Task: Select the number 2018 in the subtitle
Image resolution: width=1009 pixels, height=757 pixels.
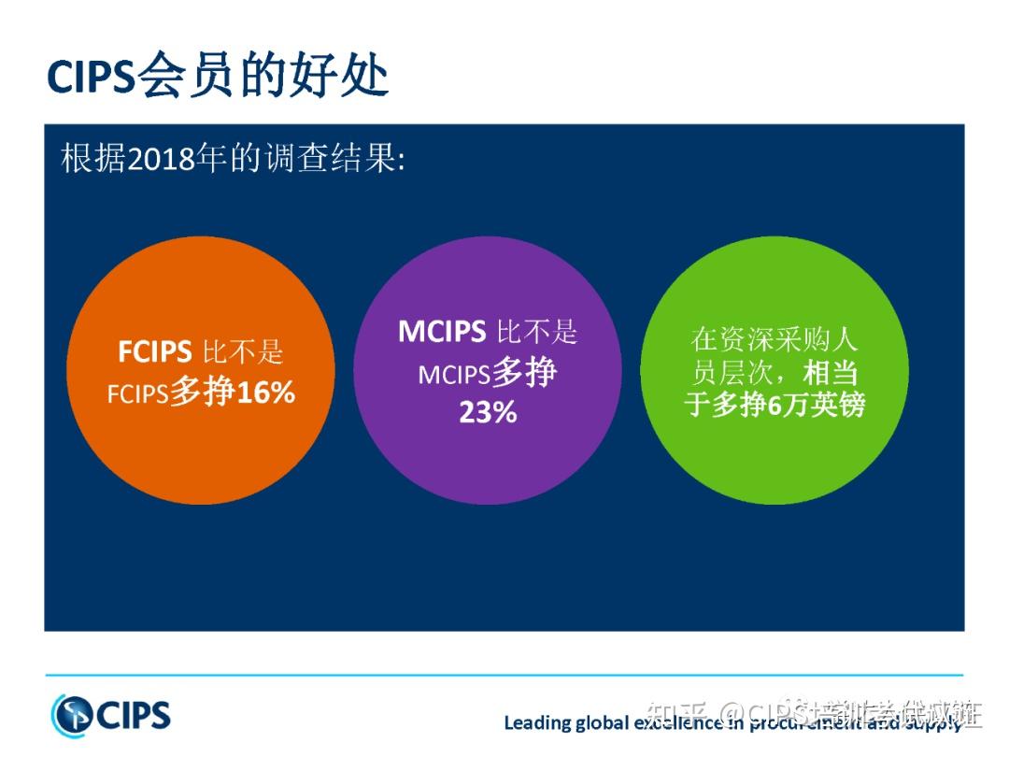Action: pos(160,158)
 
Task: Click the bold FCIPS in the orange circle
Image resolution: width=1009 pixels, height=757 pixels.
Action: pos(154,352)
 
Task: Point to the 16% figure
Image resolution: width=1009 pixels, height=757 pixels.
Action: pos(265,393)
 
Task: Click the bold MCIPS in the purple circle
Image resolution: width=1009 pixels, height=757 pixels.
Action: pos(441,332)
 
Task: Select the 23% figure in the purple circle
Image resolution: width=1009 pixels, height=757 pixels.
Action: pos(487,412)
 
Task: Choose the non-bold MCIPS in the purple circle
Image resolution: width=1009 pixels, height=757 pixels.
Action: pos(454,375)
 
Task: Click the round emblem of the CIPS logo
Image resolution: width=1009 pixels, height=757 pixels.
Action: pos(72,715)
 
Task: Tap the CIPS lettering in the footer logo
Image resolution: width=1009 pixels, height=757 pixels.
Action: pos(133,716)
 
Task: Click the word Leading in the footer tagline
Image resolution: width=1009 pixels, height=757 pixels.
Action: pos(537,722)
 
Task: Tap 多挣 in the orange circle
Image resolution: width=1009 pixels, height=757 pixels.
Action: pos(202,393)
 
